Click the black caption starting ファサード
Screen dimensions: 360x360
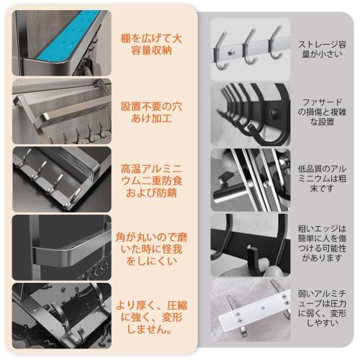(321, 112)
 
